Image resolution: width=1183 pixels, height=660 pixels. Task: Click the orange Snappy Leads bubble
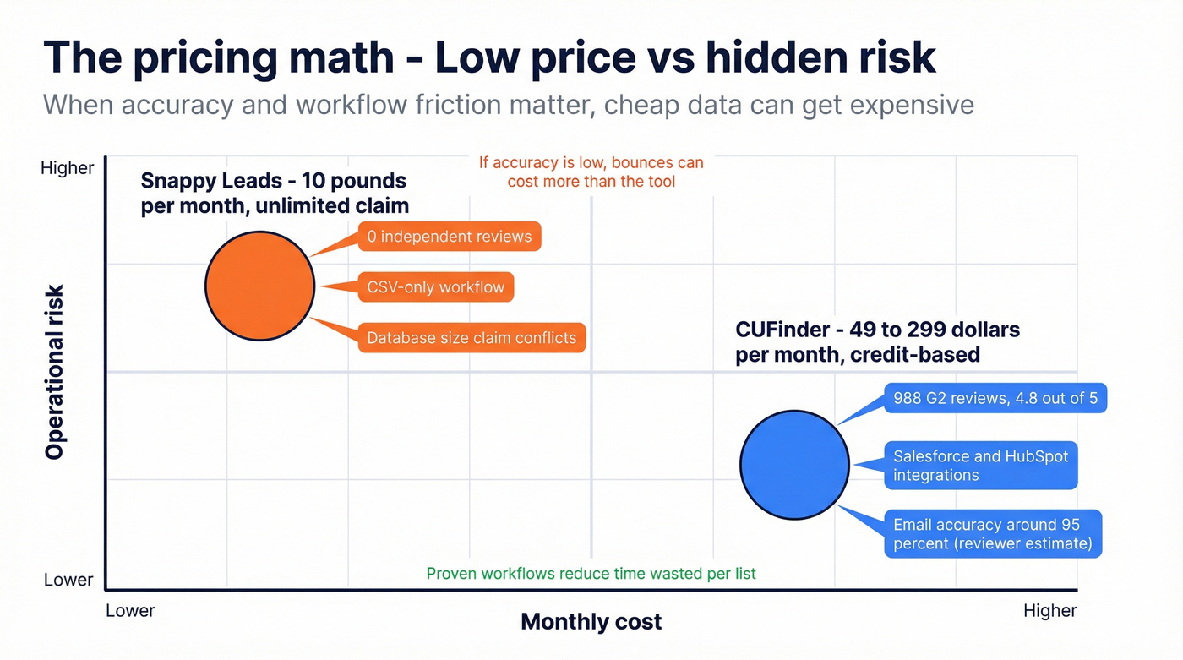click(260, 286)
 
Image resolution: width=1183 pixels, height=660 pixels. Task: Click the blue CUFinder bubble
click(794, 463)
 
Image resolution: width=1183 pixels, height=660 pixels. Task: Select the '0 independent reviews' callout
click(450, 237)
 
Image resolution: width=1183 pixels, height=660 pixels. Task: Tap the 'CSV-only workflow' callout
click(435, 287)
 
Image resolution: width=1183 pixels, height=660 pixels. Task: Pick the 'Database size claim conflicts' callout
click(472, 338)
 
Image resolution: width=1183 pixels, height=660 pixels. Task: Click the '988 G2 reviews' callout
click(995, 398)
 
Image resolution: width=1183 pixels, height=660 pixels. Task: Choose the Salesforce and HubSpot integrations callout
click(980, 466)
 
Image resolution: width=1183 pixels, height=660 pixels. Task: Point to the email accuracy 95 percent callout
click(993, 534)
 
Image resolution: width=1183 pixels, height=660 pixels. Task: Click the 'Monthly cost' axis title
click(591, 623)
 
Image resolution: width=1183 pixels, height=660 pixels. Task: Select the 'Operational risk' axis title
click(55, 372)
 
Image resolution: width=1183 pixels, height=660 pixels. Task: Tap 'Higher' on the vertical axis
click(68, 168)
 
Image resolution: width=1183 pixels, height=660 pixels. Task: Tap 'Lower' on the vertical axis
click(69, 580)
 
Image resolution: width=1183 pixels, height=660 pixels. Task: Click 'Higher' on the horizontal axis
click(1049, 610)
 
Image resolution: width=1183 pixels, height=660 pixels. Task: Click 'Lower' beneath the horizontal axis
click(130, 610)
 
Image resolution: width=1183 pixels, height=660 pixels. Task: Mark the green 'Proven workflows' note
click(591, 574)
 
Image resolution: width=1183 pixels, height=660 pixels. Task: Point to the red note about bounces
click(591, 172)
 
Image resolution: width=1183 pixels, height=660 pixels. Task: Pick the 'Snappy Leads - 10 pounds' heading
click(274, 181)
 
